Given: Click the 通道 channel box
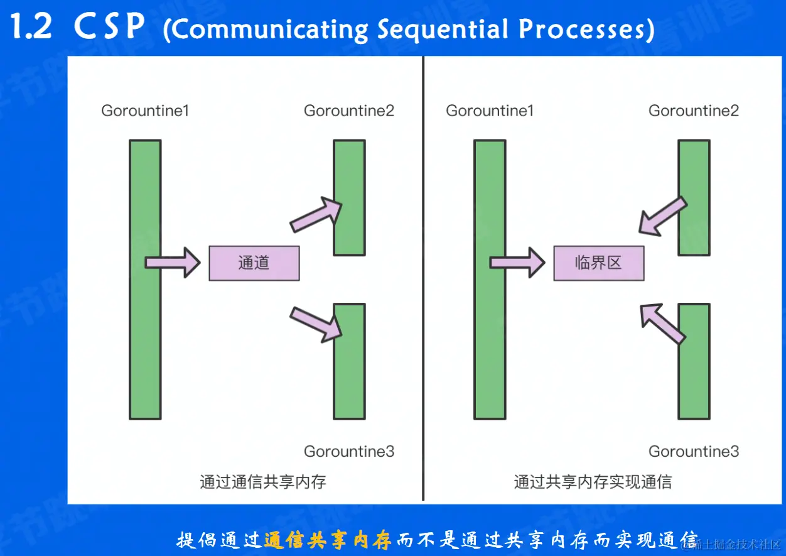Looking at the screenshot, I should click(254, 263).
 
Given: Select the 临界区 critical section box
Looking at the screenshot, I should click(598, 263).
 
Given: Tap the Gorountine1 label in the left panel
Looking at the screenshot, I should click(145, 111).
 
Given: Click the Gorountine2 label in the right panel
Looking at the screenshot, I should click(694, 111).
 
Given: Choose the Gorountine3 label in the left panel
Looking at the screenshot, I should click(349, 451).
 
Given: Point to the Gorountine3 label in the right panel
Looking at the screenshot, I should click(694, 451).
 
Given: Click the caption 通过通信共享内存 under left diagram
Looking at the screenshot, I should click(263, 482).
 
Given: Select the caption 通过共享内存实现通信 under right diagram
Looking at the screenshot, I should click(593, 482).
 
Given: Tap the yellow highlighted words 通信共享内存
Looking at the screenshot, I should click(328, 540).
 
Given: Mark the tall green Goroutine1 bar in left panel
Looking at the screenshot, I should click(145, 279).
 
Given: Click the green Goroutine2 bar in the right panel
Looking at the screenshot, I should click(694, 197).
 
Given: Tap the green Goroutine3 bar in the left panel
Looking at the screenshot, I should click(349, 361).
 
